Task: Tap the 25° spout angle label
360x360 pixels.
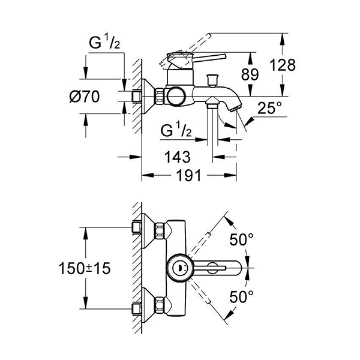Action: click(269, 109)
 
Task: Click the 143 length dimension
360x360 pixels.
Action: click(177, 157)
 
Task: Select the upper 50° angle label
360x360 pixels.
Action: click(242, 241)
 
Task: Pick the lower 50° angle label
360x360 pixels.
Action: click(242, 296)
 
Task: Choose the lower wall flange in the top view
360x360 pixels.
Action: click(140, 302)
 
